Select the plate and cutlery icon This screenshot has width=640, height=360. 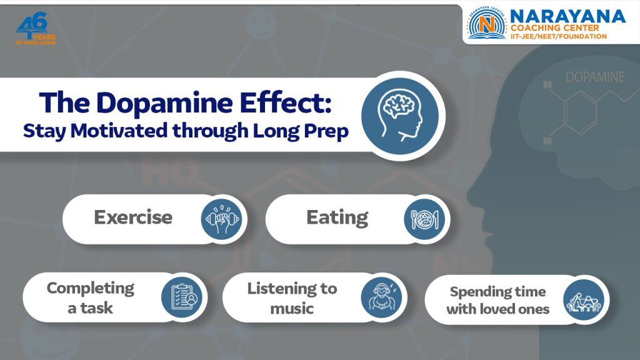pos(424,219)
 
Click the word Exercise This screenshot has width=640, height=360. pos(133,217)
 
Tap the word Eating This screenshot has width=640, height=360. pos(337,217)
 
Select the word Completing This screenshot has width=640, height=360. pos(91,288)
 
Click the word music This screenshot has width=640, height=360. pos(292,308)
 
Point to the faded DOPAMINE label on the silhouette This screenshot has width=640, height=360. pos(594,77)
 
